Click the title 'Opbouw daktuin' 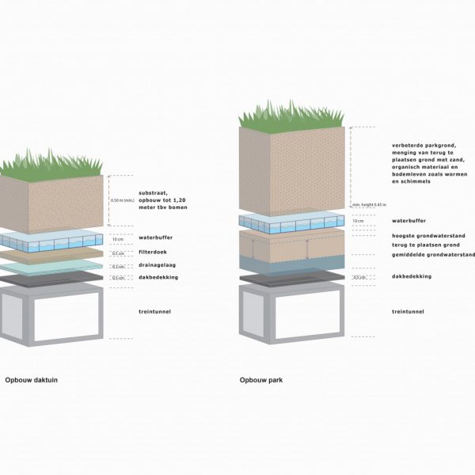tap(31, 380)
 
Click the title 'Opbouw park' tap(261, 380)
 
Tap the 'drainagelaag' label tap(157, 266)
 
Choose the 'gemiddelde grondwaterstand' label tap(433, 255)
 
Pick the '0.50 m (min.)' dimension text tap(120, 200)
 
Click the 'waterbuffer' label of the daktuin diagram tap(155, 237)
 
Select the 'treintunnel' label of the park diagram tap(408, 311)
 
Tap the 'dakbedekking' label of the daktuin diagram tap(158, 277)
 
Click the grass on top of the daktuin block tap(52, 164)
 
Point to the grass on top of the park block tap(292, 117)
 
